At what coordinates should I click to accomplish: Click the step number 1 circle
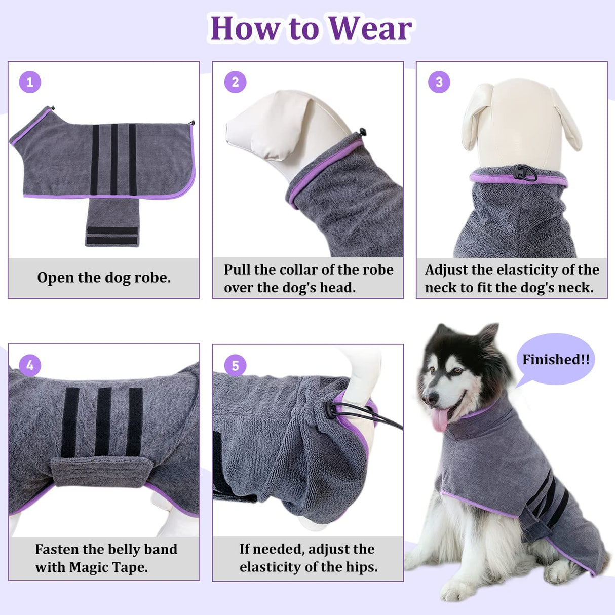click(x=30, y=82)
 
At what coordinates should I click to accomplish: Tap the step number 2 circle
click(x=235, y=82)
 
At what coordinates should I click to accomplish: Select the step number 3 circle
click(x=439, y=82)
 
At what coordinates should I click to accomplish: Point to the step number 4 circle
click(x=30, y=365)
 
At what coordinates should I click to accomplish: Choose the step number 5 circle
click(x=235, y=365)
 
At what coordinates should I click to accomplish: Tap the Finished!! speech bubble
click(x=556, y=360)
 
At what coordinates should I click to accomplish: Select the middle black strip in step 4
click(x=103, y=421)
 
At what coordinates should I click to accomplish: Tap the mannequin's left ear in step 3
click(x=476, y=117)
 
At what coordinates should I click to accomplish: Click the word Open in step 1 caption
click(x=56, y=278)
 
